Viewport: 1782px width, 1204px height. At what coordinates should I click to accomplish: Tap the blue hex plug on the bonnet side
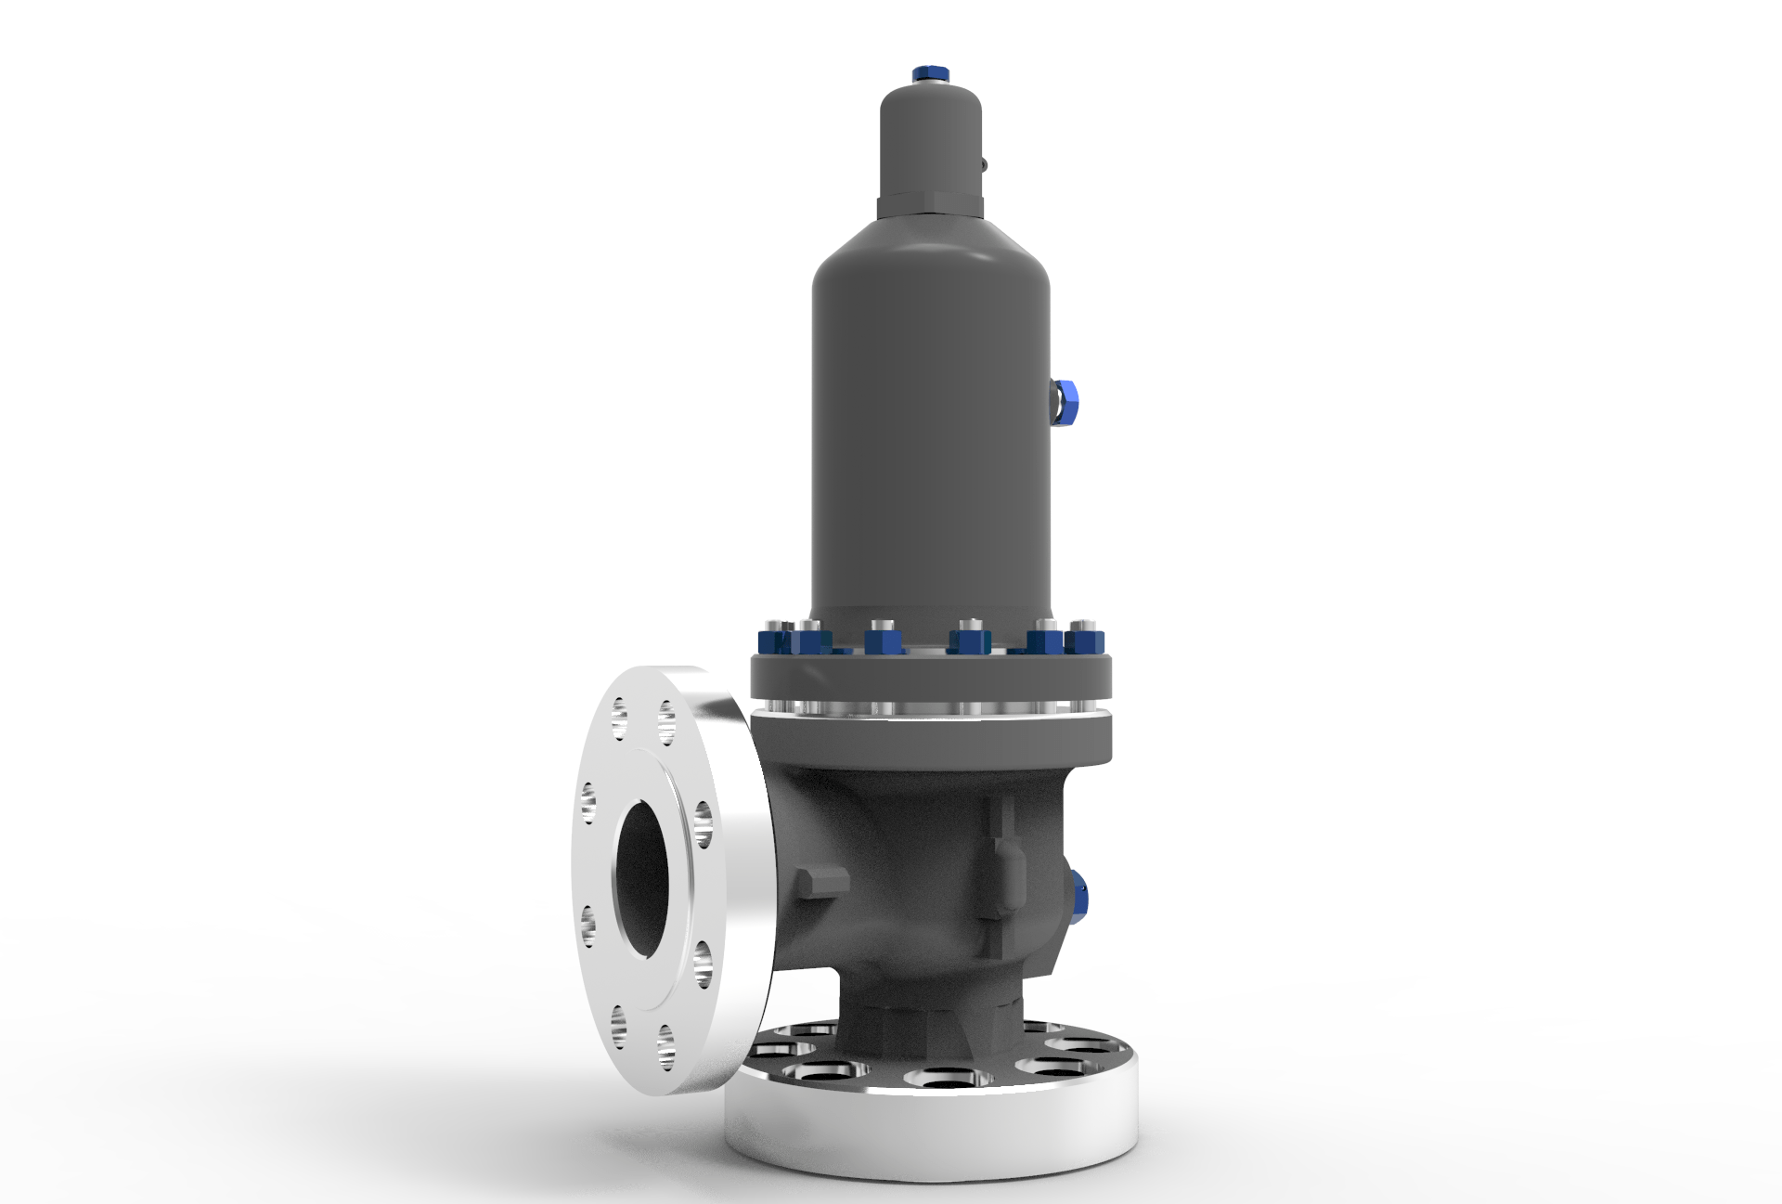click(1066, 402)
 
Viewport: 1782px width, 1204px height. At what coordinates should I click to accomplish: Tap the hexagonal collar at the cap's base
click(930, 203)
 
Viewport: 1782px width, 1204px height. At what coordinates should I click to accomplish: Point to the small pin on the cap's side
click(986, 165)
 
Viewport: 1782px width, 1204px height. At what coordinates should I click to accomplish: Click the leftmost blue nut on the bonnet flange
click(772, 641)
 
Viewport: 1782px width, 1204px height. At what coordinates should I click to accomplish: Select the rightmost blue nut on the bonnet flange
click(1084, 641)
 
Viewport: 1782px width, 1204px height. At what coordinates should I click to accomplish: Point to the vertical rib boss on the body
click(1001, 854)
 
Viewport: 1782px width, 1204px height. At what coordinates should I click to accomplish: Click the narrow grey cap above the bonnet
click(930, 139)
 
